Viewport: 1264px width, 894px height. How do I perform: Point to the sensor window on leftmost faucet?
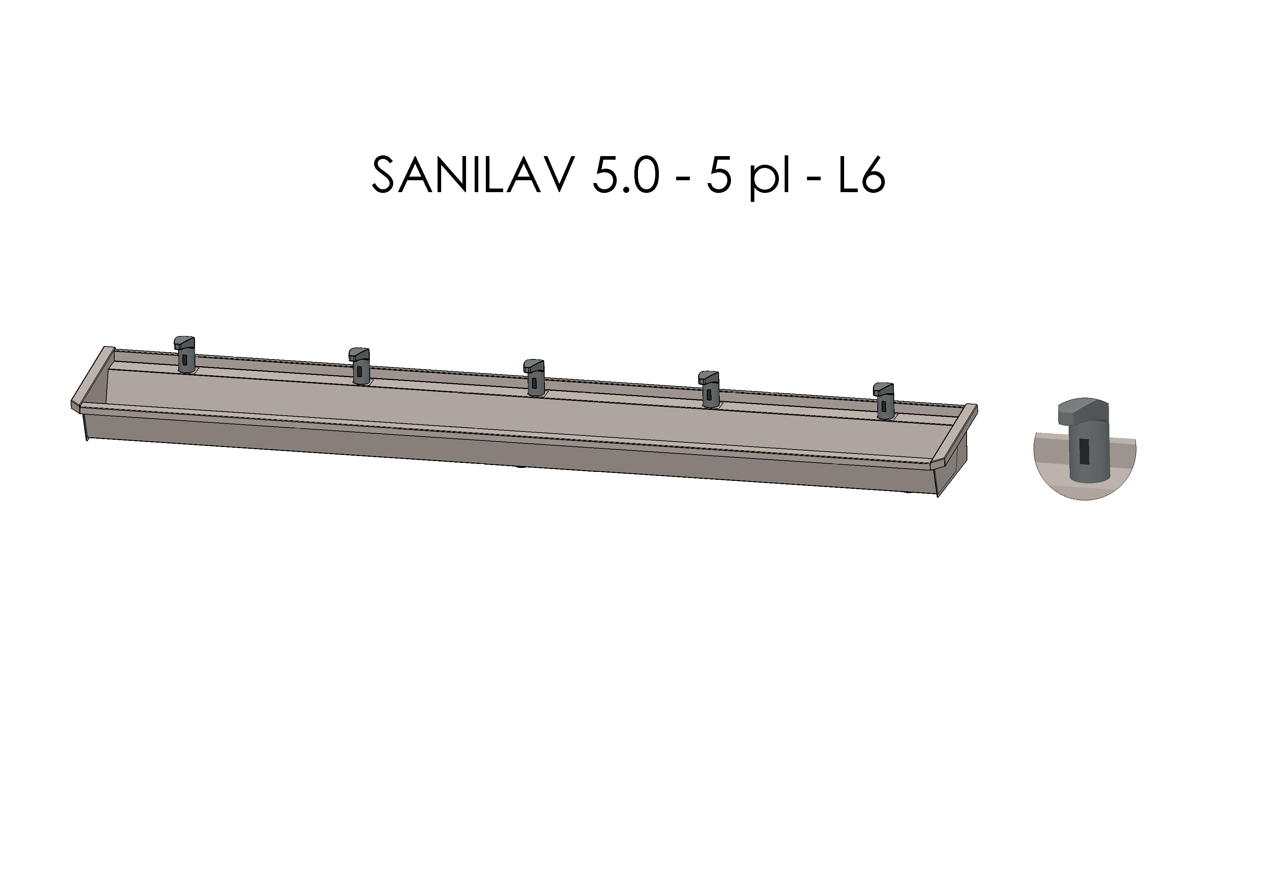coord(185,360)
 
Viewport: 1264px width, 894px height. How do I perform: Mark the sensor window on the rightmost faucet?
coord(884,406)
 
